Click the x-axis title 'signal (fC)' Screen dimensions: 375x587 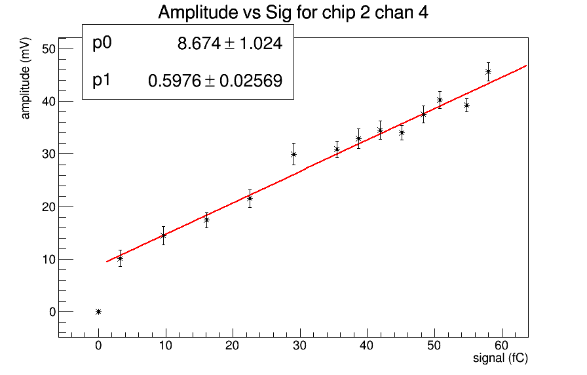point(500,359)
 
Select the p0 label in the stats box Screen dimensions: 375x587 point(102,43)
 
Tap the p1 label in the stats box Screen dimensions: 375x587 point(102,80)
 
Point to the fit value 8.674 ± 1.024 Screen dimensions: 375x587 point(229,44)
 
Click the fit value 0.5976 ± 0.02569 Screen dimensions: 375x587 point(216,81)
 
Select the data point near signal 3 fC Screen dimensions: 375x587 point(120,258)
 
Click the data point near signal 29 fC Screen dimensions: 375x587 point(293,154)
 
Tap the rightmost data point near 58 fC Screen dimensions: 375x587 point(488,71)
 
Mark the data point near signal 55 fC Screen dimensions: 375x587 point(466,105)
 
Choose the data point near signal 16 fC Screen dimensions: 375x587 point(206,220)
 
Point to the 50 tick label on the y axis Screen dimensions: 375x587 point(49,49)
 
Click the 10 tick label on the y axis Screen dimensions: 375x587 point(49,259)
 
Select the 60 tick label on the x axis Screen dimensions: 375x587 point(501,345)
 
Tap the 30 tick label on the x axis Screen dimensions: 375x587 point(299,345)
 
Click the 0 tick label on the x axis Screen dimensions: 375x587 point(98,345)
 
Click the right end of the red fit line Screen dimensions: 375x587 point(526,66)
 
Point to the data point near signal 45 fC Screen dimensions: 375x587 point(402,132)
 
